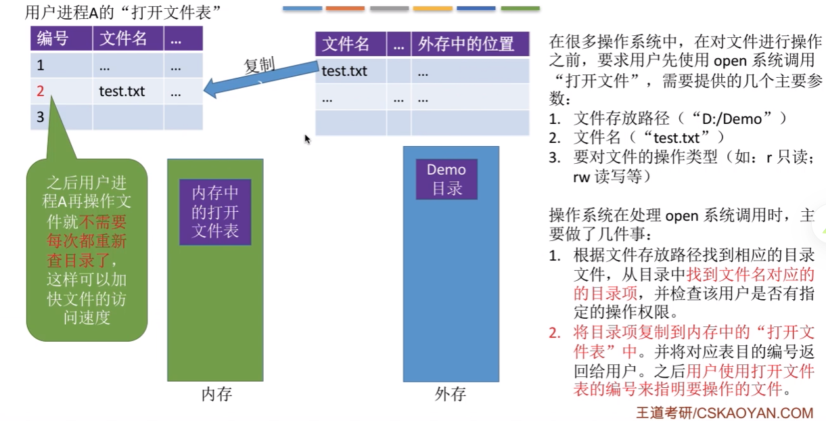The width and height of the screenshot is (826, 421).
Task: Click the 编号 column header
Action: coord(53,39)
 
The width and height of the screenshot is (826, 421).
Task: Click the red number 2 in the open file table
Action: coord(41,91)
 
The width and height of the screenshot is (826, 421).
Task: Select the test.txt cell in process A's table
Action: coord(122,91)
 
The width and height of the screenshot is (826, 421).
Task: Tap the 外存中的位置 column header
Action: coord(466,45)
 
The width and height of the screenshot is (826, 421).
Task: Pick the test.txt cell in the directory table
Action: coord(344,70)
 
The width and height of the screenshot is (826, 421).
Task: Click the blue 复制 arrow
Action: coord(264,78)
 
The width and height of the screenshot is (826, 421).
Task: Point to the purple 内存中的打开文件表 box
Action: coord(215,212)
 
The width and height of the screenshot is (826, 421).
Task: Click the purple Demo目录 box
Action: coord(446,179)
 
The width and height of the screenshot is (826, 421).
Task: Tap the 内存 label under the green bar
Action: coord(216,394)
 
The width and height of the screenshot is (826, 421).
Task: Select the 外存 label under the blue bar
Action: coord(450,394)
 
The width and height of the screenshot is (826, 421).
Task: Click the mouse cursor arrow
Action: coord(307,139)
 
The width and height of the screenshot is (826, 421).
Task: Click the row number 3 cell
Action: coord(41,117)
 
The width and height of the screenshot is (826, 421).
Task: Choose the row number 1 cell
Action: coord(41,66)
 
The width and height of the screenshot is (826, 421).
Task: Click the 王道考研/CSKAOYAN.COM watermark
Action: coord(725,412)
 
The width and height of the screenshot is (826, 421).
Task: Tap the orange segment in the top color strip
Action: coord(345,8)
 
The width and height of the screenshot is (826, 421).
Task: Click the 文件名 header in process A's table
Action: coord(123,39)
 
